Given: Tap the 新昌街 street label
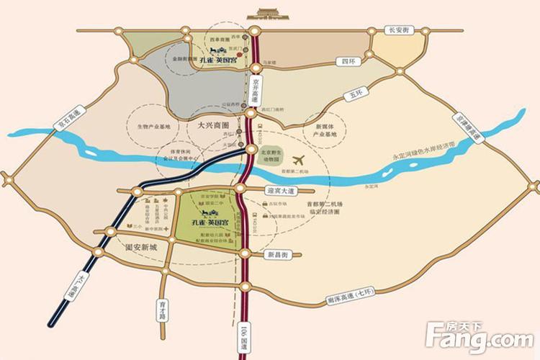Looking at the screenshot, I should [x=276, y=255].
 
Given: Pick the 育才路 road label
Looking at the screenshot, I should [x=163, y=307].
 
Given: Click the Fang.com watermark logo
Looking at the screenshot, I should [x=478, y=335].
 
